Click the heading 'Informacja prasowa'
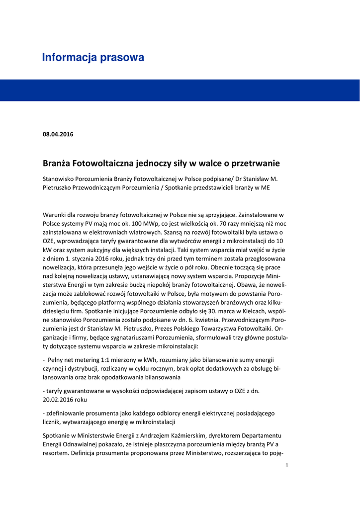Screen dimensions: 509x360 tap(93, 58)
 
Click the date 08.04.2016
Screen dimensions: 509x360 tap(58, 134)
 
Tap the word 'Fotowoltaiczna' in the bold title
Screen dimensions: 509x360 tap(102, 163)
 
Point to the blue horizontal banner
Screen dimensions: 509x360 tap(180, 90)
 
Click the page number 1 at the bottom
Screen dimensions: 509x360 tap(287, 465)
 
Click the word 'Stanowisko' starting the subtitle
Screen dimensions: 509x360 tap(60, 178)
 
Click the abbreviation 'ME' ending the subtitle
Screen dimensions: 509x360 tap(264, 187)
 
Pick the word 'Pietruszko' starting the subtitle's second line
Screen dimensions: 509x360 tap(58, 187)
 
